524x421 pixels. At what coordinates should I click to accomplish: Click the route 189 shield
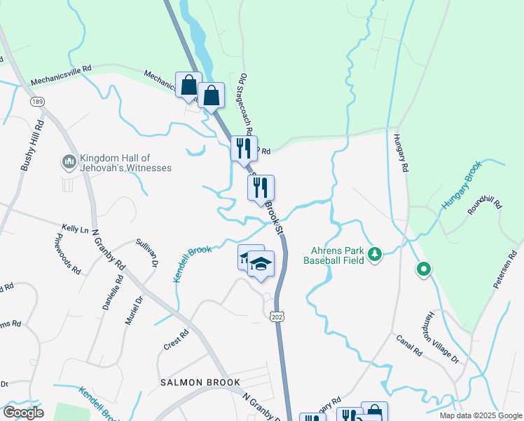pos(37,102)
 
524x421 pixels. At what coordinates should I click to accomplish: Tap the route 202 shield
pos(277,317)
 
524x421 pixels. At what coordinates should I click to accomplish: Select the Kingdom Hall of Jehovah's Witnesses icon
pos(69,163)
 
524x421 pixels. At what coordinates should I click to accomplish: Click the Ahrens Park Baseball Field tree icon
pos(375,253)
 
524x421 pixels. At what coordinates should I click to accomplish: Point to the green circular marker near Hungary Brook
pos(423,269)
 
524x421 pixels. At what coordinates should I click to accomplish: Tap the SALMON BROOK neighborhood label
pos(200,382)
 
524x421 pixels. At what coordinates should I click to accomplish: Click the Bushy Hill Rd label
pos(32,145)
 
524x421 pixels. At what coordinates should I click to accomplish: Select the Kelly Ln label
pos(75,229)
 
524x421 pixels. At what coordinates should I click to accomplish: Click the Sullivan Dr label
pos(145,252)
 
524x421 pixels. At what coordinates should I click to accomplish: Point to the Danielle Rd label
pos(111,293)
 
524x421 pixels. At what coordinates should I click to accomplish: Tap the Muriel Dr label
pos(135,309)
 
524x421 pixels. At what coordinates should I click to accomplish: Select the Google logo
pos(22,413)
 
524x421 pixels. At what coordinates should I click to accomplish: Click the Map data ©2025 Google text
pos(479,415)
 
